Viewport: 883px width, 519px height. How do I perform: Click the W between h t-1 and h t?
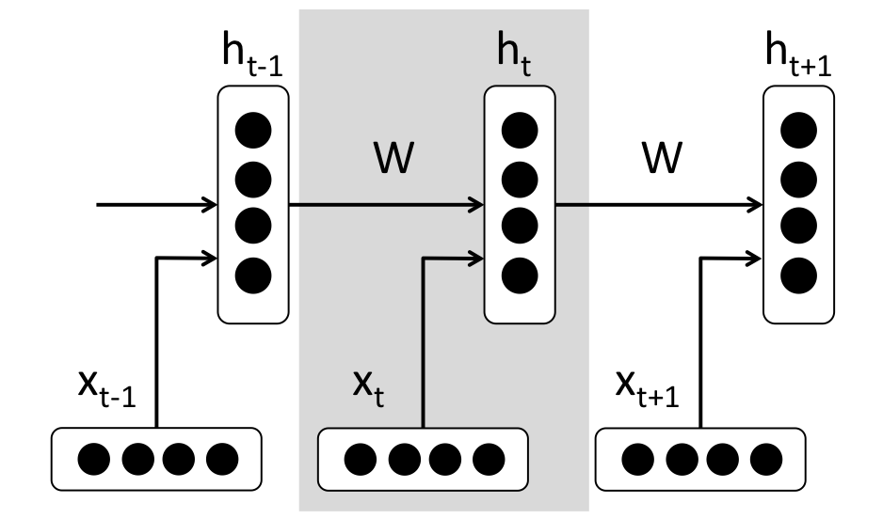[x=391, y=159]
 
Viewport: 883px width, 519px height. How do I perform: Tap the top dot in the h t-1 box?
[x=249, y=129]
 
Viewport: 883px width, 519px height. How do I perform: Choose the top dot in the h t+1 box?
[x=797, y=129]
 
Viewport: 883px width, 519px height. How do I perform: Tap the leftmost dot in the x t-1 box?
[x=95, y=459]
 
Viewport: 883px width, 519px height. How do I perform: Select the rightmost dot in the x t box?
[x=488, y=459]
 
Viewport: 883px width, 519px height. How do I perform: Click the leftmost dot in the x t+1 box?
[x=637, y=459]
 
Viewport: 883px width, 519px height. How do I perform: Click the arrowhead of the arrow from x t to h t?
[x=476, y=255]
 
